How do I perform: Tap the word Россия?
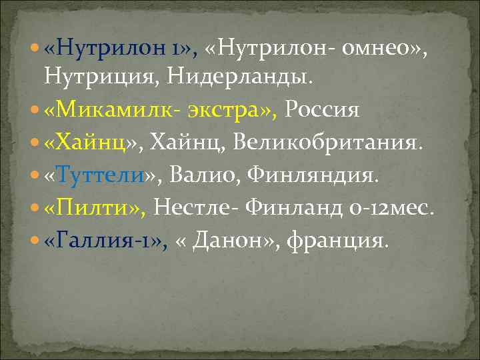click(323, 109)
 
